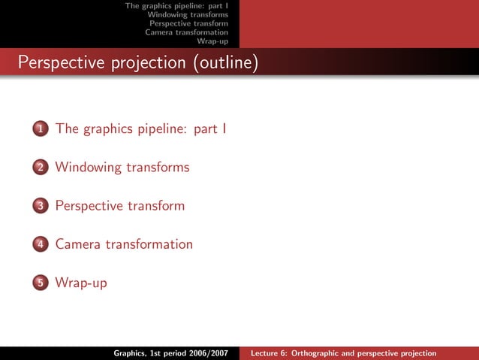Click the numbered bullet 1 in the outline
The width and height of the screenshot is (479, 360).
click(x=39, y=129)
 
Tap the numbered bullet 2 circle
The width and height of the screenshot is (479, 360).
click(x=39, y=168)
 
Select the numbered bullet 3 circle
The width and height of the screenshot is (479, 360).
click(x=39, y=206)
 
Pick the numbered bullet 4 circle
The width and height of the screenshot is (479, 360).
click(x=39, y=245)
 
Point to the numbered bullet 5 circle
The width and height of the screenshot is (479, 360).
click(x=39, y=283)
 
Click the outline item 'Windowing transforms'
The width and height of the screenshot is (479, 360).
click(x=122, y=167)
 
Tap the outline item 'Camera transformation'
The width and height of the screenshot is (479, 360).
click(x=124, y=244)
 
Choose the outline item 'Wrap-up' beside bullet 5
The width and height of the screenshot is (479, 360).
click(x=81, y=283)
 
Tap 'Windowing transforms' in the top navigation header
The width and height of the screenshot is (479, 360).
click(x=188, y=14)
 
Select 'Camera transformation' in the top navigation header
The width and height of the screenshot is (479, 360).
click(x=186, y=32)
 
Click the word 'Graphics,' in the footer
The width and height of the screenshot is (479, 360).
click(x=130, y=353)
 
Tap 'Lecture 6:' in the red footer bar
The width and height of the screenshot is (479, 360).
click(x=270, y=353)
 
